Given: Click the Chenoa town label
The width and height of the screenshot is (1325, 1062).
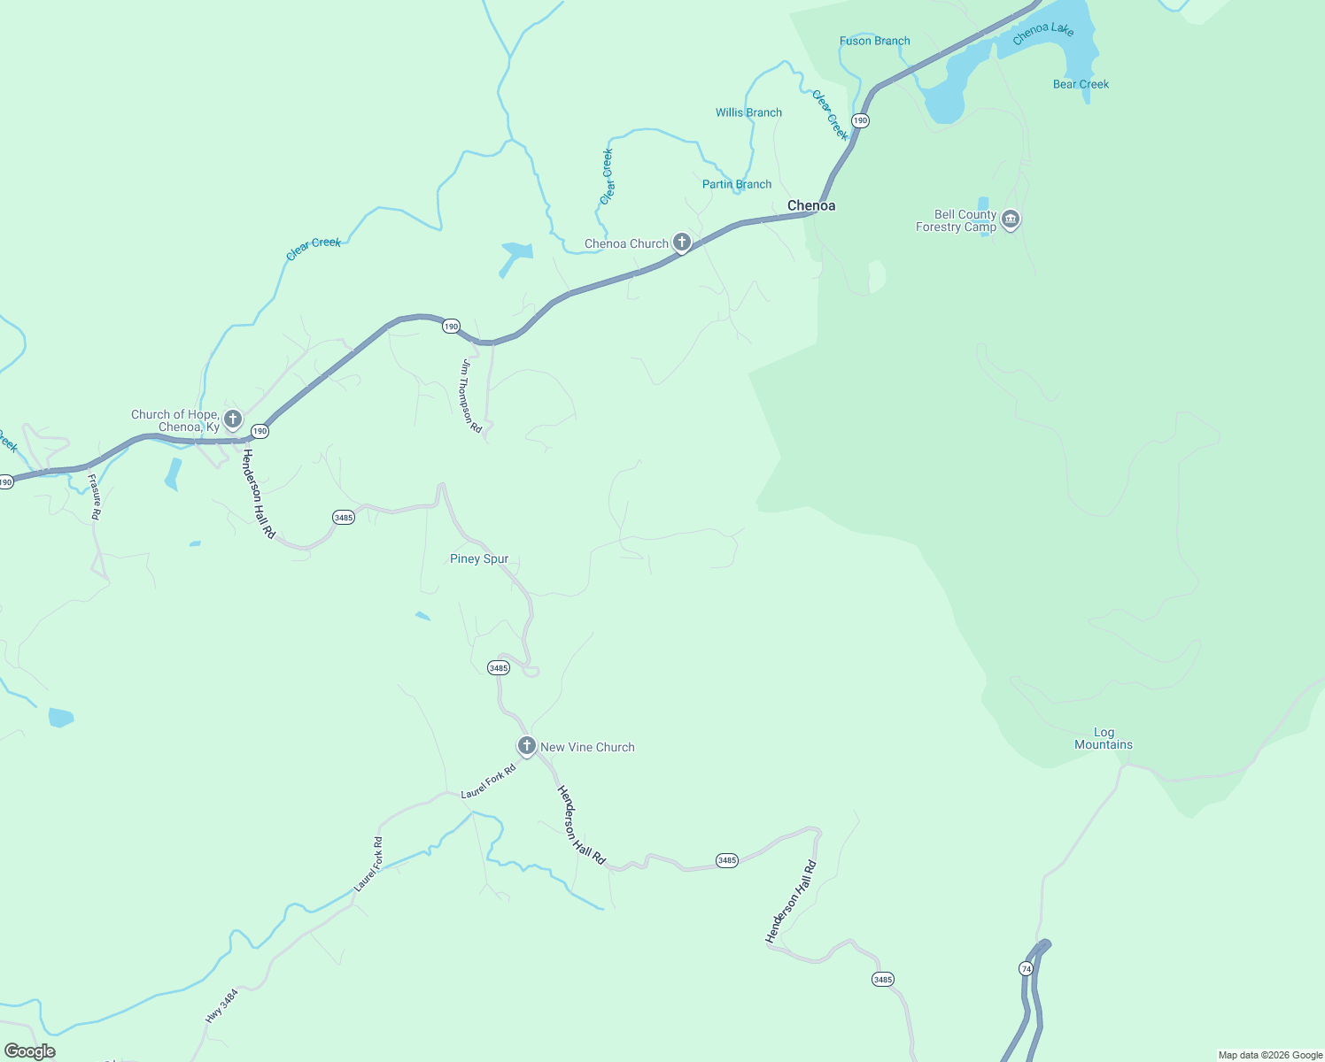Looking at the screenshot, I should tap(811, 205).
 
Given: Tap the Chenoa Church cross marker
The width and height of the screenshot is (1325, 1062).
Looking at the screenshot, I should tap(681, 242).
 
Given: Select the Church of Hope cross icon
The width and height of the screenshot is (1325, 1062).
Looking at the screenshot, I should tap(233, 419).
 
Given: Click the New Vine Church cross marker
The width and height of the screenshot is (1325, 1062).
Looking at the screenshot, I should tap(527, 746).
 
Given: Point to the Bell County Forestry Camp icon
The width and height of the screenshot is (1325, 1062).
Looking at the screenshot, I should tap(1011, 219).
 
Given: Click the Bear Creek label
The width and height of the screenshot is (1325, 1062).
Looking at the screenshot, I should tap(1081, 84).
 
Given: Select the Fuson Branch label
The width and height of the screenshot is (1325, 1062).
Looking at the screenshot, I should tap(874, 41).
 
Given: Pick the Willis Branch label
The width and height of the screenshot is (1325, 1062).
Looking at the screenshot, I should tap(748, 112).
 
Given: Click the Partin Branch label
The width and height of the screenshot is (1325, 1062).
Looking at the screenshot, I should tap(736, 184).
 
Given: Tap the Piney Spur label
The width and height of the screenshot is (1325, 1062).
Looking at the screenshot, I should tap(479, 558).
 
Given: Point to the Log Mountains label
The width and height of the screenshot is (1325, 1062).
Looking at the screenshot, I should tap(1104, 738).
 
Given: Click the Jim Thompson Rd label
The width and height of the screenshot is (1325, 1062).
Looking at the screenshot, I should tap(470, 396).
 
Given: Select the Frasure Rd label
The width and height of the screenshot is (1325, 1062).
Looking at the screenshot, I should tap(95, 496).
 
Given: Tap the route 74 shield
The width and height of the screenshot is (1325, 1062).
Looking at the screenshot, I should tap(1026, 969).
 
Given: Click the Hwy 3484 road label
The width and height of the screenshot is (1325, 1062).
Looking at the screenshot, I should tap(221, 1006).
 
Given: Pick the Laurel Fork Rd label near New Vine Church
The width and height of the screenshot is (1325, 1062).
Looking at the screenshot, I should tap(488, 781).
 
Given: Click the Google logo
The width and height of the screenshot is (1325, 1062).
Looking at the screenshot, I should tap(29, 1051).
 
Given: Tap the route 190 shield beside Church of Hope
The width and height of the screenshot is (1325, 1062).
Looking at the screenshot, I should tap(259, 431).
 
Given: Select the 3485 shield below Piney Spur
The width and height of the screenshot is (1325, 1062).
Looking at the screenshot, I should tap(499, 668).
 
